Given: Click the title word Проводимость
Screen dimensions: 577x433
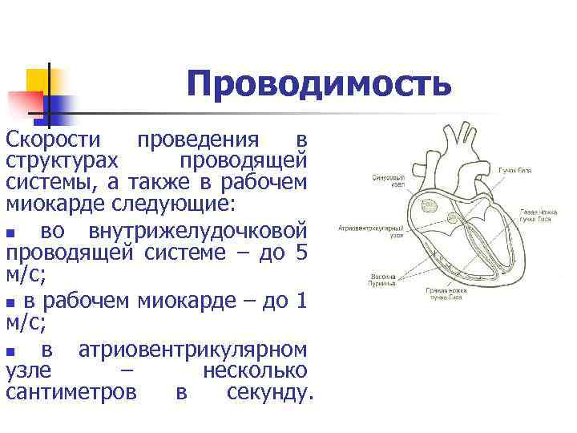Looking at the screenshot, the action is tap(319, 84).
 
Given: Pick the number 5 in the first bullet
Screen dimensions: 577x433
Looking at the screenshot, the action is tap(301, 253).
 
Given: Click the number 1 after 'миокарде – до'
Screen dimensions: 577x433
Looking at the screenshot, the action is tap(301, 301).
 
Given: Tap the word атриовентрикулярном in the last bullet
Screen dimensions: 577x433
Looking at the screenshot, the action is tap(192, 350).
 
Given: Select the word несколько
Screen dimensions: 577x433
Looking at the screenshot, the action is tap(254, 371).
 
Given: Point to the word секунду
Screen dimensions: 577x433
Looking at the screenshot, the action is tap(268, 393).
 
